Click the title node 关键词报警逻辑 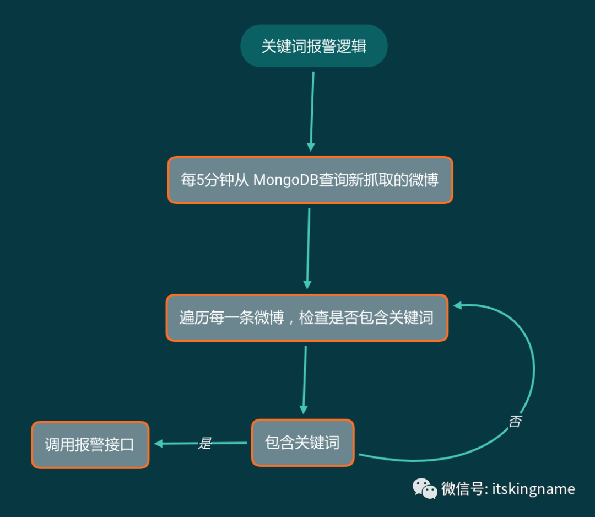coord(314,46)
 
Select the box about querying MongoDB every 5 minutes coord(310,180)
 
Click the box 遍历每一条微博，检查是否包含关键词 coord(307,317)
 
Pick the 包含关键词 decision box coord(302,443)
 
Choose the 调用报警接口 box coord(90,445)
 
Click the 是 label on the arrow coord(205,443)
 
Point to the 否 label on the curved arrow coord(515,422)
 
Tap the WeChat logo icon coord(425,488)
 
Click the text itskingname coord(533,489)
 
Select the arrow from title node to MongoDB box coord(312,110)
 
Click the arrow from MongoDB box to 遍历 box coord(309,248)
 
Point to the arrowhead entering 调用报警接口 coord(159,444)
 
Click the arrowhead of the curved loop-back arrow coord(457,304)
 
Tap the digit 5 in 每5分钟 coord(200,180)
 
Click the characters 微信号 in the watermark coord(462,489)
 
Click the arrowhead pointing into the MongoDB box coord(311,147)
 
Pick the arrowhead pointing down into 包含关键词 coord(304,410)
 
